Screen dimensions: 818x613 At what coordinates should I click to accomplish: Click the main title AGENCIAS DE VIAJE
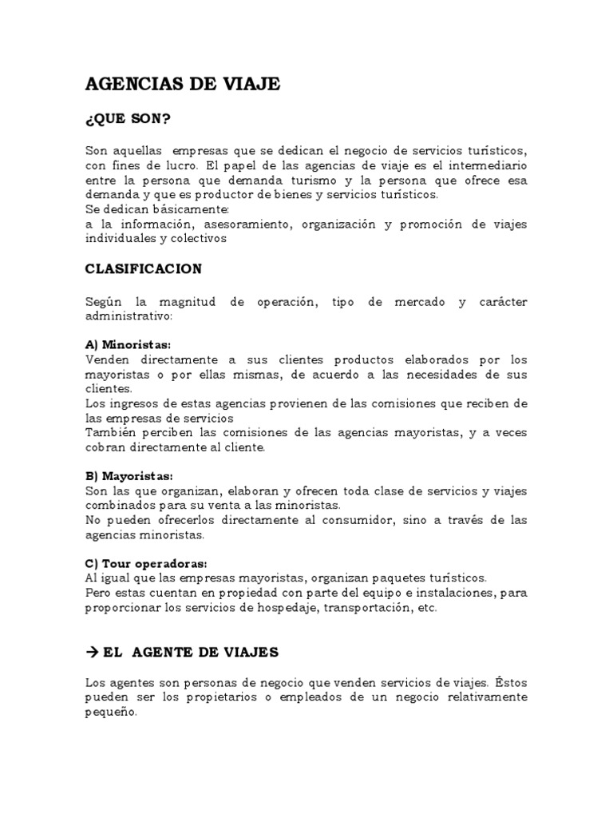click(183, 85)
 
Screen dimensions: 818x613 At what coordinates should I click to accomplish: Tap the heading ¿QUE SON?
click(128, 119)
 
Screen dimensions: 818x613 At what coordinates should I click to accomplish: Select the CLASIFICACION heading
click(143, 269)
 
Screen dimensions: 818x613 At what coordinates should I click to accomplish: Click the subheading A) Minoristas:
click(128, 345)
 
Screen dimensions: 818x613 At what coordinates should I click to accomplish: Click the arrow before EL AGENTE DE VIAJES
click(91, 652)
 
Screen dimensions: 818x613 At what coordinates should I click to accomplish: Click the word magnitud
click(184, 302)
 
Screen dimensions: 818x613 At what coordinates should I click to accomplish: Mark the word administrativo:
click(128, 316)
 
